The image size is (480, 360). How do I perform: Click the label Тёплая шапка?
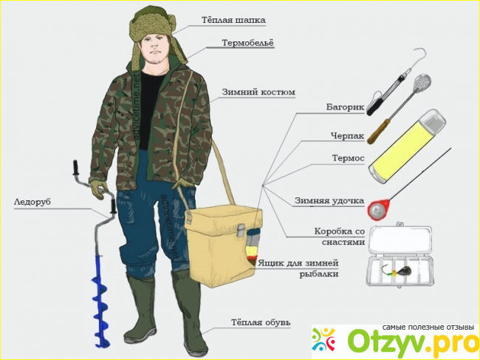233,20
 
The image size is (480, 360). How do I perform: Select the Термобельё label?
247,43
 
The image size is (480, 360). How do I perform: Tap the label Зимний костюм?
258,92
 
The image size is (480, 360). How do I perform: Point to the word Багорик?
345,107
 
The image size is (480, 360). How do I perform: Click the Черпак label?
348,136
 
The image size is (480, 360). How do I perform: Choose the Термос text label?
349,158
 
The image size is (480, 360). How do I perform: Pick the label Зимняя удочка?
329,201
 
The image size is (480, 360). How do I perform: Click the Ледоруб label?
32,203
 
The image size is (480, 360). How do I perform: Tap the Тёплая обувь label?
261,322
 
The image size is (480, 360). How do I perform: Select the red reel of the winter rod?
378,209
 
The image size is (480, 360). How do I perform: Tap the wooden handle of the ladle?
378,132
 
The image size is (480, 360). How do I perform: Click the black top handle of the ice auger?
76,167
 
